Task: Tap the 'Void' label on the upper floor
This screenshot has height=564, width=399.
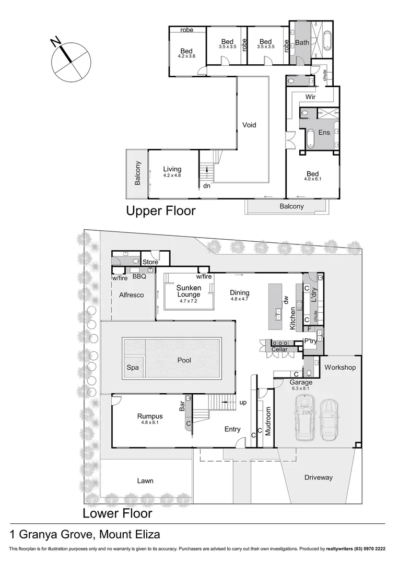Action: [x=249, y=125]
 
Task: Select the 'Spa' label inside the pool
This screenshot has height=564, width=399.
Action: [x=133, y=368]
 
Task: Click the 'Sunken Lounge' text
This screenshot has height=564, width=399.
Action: [x=189, y=291]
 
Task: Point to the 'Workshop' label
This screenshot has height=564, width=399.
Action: [x=340, y=368]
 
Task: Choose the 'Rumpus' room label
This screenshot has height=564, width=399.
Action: [x=150, y=416]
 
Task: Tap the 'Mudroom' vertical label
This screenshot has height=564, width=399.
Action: [x=267, y=421]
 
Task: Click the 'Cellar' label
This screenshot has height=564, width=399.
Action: [x=279, y=349]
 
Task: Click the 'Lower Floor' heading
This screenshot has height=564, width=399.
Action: [x=118, y=513]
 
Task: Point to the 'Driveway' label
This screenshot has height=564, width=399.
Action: [x=318, y=477]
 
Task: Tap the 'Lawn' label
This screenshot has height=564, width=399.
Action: [x=145, y=480]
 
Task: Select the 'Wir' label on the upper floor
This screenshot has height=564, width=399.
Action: [x=310, y=97]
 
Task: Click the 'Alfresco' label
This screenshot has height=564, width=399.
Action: [x=131, y=295]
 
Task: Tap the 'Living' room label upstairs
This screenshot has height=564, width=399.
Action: [x=172, y=169]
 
